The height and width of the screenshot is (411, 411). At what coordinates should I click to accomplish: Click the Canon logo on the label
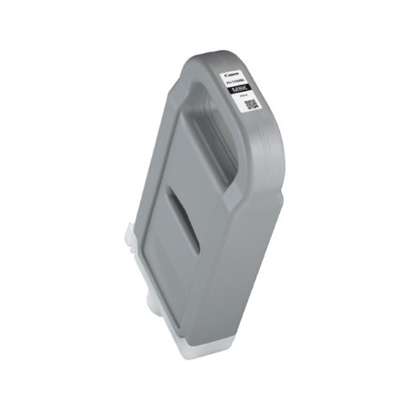tap(251, 70)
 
